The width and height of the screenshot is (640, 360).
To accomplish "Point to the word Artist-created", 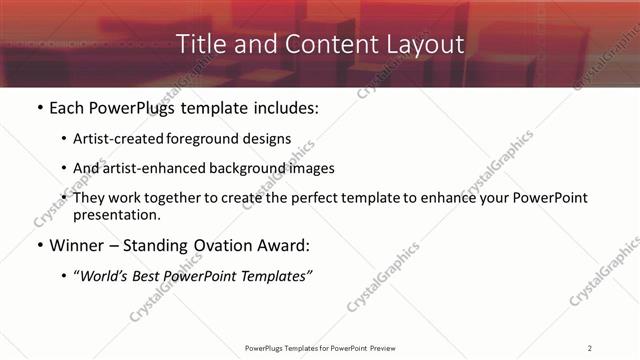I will (x=114, y=138).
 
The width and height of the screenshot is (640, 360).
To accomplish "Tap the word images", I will (x=310, y=168).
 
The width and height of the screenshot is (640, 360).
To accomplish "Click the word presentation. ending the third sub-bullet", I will (x=116, y=214).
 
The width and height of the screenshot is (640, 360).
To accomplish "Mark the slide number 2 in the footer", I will (x=590, y=347).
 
